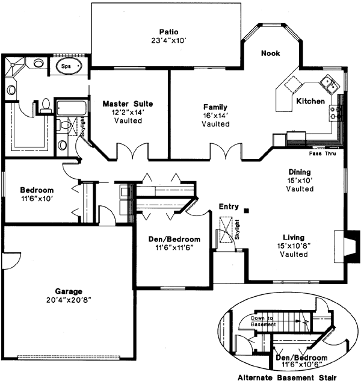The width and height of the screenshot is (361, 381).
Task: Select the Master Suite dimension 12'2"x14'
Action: click(x=122, y=112)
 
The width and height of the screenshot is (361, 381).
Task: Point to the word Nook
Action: click(x=271, y=54)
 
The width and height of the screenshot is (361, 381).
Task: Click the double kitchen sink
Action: click(x=328, y=81)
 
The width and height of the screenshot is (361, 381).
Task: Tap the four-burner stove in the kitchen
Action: click(x=335, y=111)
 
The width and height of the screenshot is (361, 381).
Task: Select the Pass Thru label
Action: click(x=323, y=153)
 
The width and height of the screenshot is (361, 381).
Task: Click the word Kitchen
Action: click(x=310, y=101)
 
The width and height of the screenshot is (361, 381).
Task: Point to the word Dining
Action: click(x=300, y=172)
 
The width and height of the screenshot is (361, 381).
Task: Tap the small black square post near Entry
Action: click(x=247, y=210)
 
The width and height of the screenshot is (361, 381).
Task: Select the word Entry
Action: click(x=229, y=206)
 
